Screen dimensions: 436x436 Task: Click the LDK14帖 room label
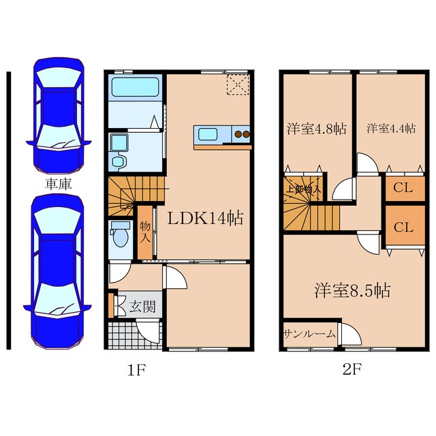click(x=205, y=218)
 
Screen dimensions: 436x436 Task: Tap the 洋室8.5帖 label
click(x=352, y=290)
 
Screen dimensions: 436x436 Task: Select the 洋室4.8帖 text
click(x=316, y=129)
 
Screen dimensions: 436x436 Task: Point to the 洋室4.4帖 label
click(x=391, y=129)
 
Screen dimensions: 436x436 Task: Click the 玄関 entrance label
click(x=142, y=307)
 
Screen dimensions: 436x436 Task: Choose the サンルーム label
click(x=309, y=334)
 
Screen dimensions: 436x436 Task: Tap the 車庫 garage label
click(x=59, y=184)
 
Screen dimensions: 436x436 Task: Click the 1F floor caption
click(x=136, y=370)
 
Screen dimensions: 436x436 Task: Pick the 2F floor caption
click(x=352, y=369)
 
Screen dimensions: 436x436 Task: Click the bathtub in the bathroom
click(x=135, y=87)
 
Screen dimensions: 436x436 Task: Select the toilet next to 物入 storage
click(x=121, y=234)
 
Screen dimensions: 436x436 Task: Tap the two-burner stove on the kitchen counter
click(x=242, y=134)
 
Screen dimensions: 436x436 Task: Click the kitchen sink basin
click(x=207, y=135)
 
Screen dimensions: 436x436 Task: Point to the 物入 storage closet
click(x=145, y=232)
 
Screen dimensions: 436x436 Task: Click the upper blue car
click(x=59, y=115)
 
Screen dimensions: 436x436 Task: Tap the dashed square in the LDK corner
click(x=238, y=84)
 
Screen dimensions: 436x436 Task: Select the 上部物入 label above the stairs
click(x=304, y=189)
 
